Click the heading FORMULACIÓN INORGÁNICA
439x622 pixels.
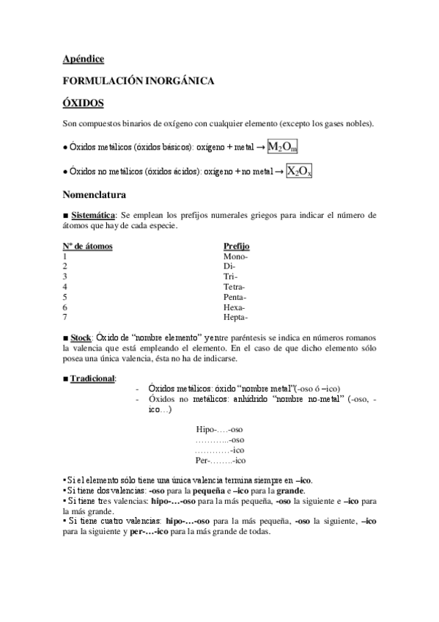pyautogui.click(x=139, y=81)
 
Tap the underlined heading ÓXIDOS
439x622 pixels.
pyautogui.click(x=83, y=103)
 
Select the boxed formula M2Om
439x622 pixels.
pyautogui.click(x=283, y=147)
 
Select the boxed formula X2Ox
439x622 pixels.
pyautogui.click(x=299, y=172)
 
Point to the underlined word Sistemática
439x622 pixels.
pyautogui.click(x=93, y=216)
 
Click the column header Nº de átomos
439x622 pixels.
pyautogui.click(x=88, y=246)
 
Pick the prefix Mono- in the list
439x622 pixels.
pyautogui.click(x=235, y=257)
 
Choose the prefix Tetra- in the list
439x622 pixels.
pyautogui.click(x=235, y=287)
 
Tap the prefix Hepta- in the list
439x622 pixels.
pyautogui.click(x=235, y=318)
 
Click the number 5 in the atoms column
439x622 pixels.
pyautogui.click(x=66, y=297)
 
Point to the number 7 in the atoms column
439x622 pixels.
pyautogui.click(x=66, y=318)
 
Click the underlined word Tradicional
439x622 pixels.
pyautogui.click(x=93, y=378)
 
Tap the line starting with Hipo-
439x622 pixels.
pyautogui.click(x=219, y=430)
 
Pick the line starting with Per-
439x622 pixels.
pyautogui.click(x=219, y=461)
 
